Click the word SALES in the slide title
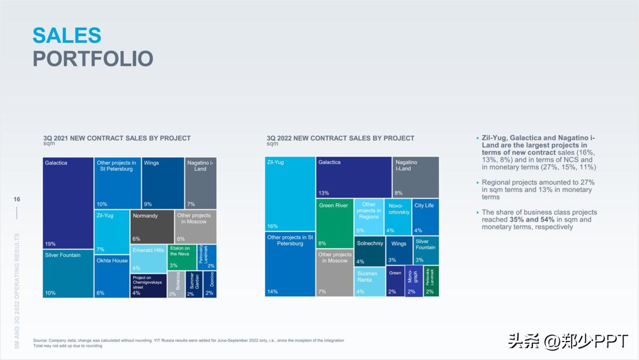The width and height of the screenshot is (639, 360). point(66,35)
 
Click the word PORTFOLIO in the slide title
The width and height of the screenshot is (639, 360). point(93,59)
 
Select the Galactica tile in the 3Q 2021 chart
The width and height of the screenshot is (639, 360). point(68,203)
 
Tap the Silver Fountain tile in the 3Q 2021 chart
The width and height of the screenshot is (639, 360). point(68,273)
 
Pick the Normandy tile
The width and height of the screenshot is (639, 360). point(152,227)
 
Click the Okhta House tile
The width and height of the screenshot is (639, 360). point(112,276)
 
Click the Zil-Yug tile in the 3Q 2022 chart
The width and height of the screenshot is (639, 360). point(290,194)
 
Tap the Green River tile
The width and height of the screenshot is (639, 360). point(334,223)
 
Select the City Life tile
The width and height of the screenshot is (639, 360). point(425,216)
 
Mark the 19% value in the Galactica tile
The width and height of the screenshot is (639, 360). point(51,244)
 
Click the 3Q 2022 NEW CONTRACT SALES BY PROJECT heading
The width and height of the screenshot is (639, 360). point(340,138)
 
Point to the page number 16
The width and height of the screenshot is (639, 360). point(16,199)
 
